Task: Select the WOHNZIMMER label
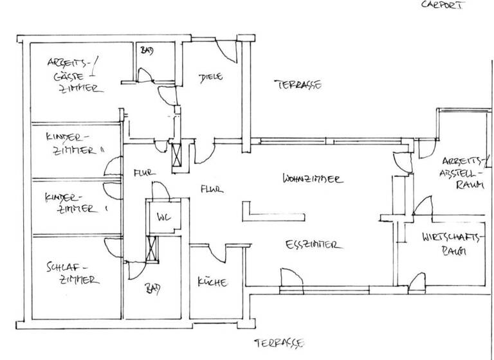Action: pyautogui.click(x=311, y=179)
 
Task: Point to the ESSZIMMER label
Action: pyautogui.click(x=312, y=245)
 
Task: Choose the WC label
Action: pyautogui.click(x=163, y=217)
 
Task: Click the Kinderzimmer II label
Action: pyautogui.click(x=75, y=145)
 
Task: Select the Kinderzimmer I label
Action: pyautogui.click(x=73, y=202)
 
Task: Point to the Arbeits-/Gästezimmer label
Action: pyautogui.click(x=74, y=76)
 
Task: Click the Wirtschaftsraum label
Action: pyautogui.click(x=452, y=244)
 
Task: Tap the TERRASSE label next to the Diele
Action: pyautogui.click(x=298, y=84)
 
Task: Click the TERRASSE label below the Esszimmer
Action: pyautogui.click(x=278, y=342)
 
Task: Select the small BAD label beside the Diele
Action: pyautogui.click(x=147, y=50)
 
